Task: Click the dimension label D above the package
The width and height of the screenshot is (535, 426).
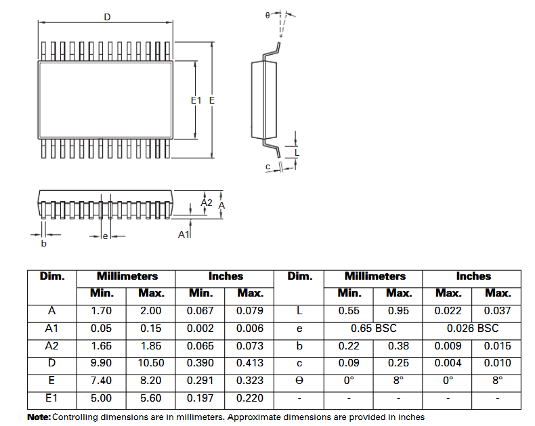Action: (107, 16)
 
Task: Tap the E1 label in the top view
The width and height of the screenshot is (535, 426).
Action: (196, 100)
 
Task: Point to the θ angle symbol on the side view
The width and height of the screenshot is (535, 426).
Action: (267, 14)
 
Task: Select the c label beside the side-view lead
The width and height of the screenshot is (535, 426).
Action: (267, 167)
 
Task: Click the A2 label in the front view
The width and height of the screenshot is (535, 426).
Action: (207, 203)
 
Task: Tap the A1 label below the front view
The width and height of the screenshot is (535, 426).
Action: (183, 234)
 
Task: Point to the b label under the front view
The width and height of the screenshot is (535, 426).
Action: (44, 243)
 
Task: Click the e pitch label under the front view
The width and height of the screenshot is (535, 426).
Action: (105, 236)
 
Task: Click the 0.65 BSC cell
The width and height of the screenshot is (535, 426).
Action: (373, 328)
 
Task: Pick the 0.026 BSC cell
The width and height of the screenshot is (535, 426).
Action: (472, 328)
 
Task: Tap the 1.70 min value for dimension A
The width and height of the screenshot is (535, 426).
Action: (102, 311)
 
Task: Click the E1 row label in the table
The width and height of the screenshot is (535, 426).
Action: (51, 398)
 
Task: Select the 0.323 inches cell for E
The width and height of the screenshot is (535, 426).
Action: (250, 381)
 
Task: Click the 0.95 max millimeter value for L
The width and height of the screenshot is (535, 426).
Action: (398, 311)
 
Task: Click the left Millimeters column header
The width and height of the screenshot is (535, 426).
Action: (127, 276)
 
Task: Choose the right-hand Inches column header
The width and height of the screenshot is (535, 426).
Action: (473, 276)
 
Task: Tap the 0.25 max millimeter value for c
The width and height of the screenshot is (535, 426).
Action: (398, 363)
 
